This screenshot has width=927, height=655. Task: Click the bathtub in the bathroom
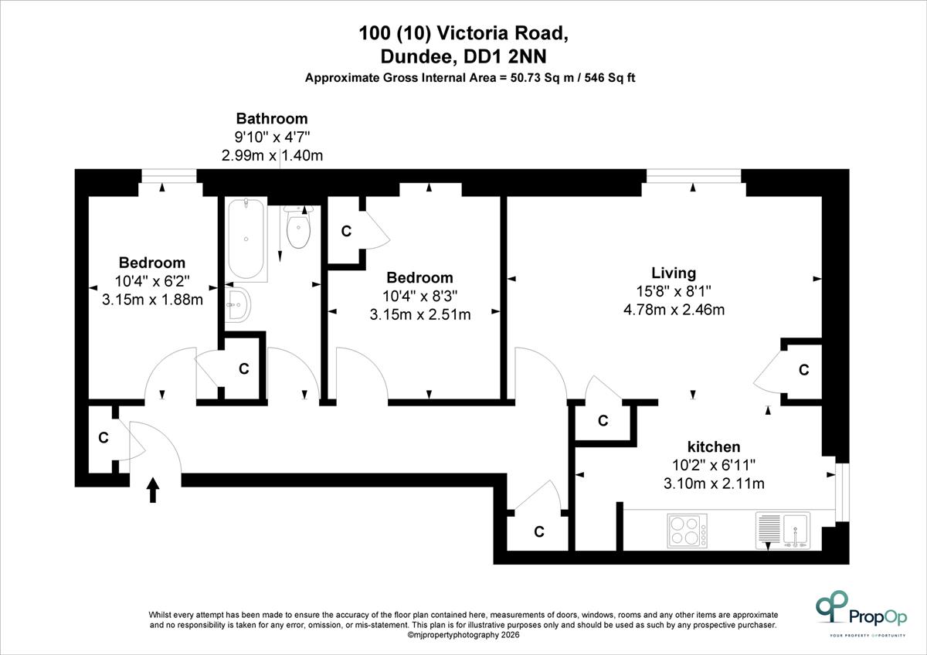coord(246,239)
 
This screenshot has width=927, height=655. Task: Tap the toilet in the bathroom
coord(298,228)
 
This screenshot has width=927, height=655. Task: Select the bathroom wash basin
coord(238,305)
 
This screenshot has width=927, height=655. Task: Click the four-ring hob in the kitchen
coord(687,531)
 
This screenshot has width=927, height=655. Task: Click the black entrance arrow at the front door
coord(153,490)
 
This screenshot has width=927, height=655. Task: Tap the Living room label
coord(674,273)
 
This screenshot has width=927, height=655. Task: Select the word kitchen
coord(714,447)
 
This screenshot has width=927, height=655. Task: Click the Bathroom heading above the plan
coord(272,119)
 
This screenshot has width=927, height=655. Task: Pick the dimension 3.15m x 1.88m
coord(152,300)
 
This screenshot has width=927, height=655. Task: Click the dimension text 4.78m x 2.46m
coord(674,310)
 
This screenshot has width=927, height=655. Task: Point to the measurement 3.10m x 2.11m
coord(714,484)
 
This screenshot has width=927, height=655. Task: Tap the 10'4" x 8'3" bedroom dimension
coord(420,297)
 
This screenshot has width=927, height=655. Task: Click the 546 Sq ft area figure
coord(610,78)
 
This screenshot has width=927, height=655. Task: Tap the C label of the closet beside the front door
coord(104,437)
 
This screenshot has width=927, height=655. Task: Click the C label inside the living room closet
coord(803,369)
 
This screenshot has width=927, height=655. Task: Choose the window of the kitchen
coord(842,492)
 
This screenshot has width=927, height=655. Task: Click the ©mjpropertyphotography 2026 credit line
coord(463,635)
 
